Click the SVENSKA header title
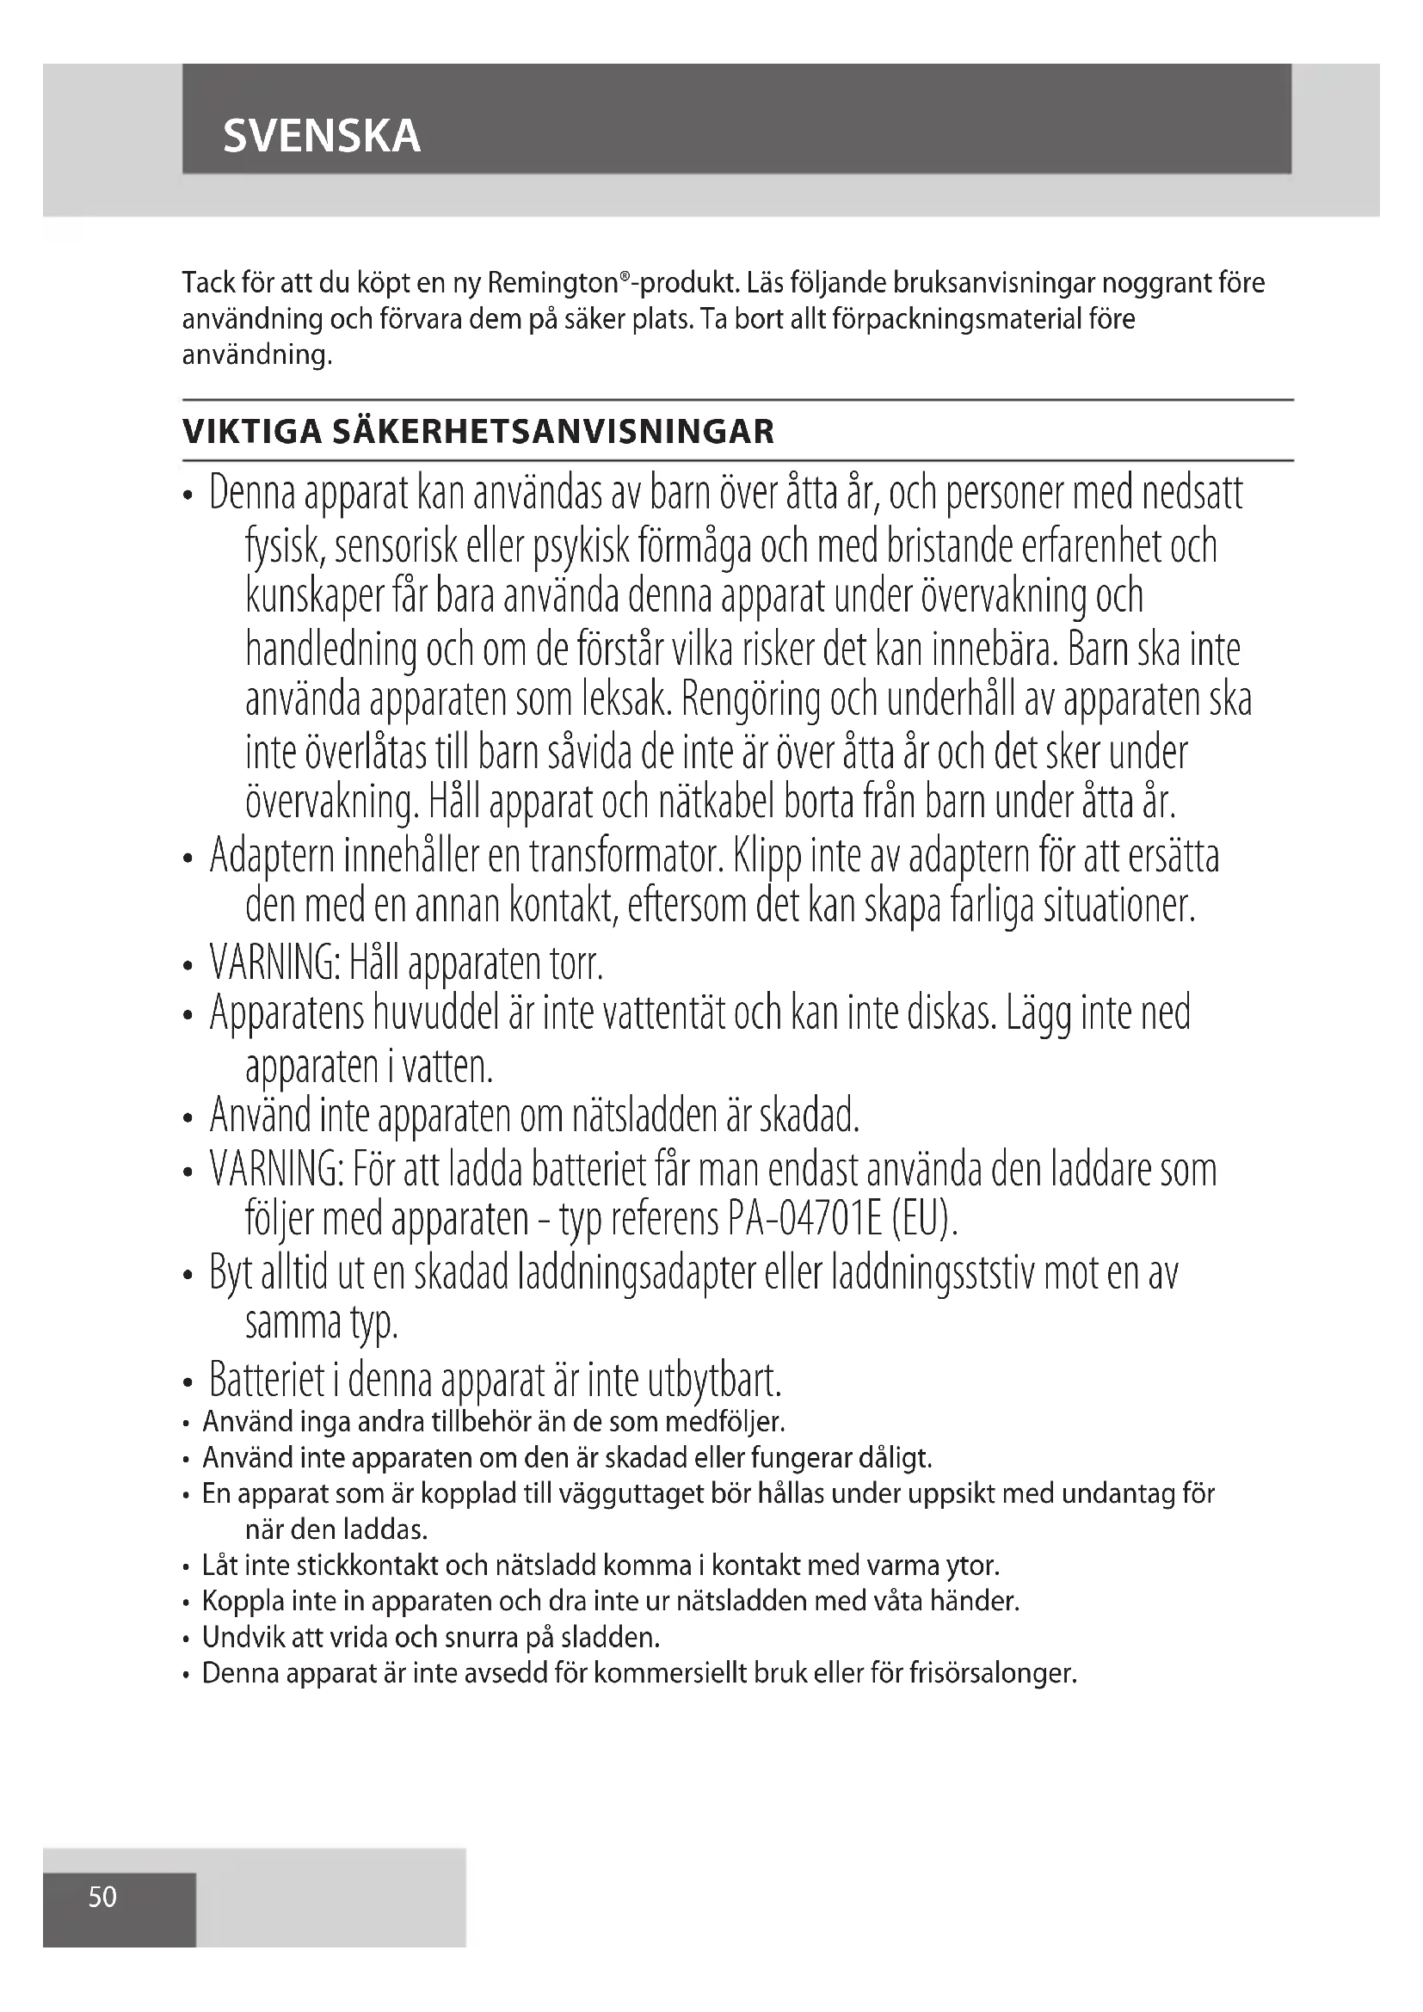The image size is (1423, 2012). coord(322,137)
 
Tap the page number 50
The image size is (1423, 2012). coord(102,1898)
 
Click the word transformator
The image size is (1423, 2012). coord(625,856)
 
